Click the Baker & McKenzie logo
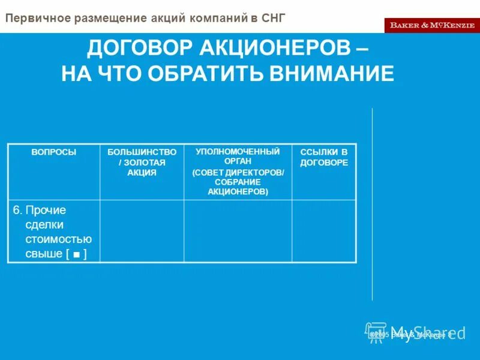click(x=431, y=25)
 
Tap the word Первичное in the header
click(x=37, y=18)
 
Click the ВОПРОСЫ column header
click(x=53, y=152)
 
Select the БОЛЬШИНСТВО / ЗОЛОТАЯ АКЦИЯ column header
click(x=142, y=162)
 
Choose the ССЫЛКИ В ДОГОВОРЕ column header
click(x=324, y=157)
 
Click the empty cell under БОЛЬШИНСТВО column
click(x=142, y=231)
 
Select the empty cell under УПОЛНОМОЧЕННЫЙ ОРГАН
click(x=238, y=231)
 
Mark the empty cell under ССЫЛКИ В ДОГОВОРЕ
click(x=324, y=231)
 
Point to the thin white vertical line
click(x=372, y=204)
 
